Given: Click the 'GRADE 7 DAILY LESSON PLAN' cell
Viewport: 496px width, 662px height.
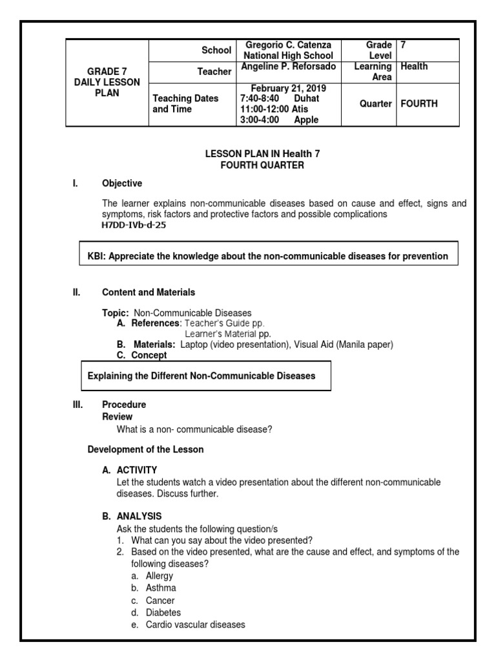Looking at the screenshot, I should click(x=107, y=82).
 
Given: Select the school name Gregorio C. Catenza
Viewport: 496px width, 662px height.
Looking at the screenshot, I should click(x=288, y=45).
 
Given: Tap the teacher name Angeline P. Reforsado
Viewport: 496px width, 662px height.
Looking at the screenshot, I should click(x=288, y=67).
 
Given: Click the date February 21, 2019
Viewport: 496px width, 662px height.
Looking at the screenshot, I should click(x=288, y=88).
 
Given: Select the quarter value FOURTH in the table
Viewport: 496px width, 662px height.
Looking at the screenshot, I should click(x=419, y=103).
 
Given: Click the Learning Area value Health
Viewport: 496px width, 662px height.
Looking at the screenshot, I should click(x=414, y=67).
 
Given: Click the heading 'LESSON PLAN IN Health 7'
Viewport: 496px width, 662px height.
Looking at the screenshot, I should click(x=262, y=154).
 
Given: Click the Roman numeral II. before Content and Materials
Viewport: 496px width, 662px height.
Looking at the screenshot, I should click(x=76, y=292).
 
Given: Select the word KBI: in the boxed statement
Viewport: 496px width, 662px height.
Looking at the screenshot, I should click(x=97, y=256).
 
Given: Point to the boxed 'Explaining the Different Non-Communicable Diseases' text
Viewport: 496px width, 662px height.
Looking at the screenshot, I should click(x=201, y=376).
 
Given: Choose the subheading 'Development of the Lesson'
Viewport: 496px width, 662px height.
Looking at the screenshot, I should click(x=145, y=449).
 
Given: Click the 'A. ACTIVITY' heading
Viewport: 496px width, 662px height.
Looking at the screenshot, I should click(x=129, y=470).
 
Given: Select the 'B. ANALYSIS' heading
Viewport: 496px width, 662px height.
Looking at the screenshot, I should click(x=132, y=516).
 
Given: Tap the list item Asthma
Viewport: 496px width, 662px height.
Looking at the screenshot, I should click(x=161, y=588).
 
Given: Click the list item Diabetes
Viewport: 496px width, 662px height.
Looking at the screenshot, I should click(x=163, y=612).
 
